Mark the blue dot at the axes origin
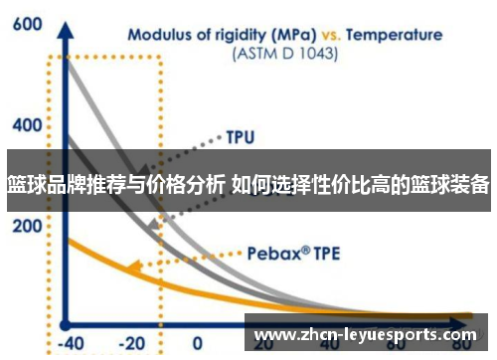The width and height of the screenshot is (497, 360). click(x=66, y=322)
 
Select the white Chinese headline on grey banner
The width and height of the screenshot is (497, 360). click(x=248, y=184)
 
